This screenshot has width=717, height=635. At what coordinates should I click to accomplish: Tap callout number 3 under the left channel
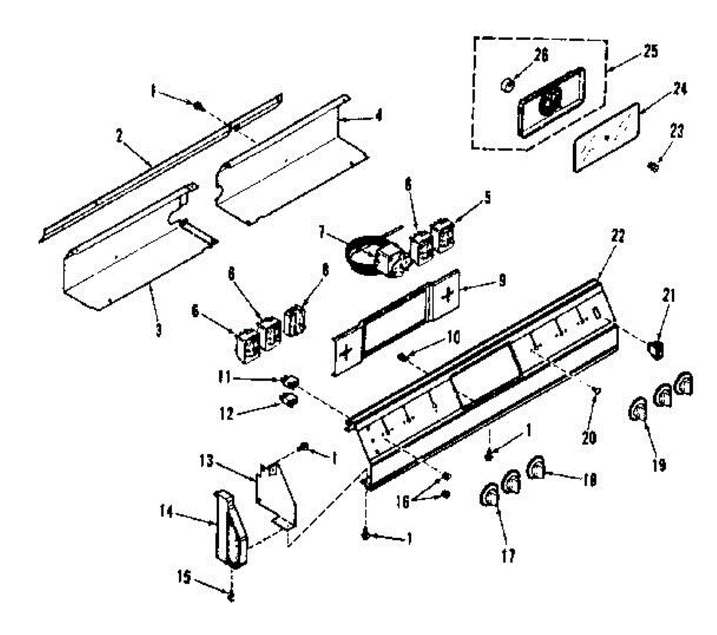tap(158, 328)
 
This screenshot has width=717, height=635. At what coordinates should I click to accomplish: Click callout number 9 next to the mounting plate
tap(501, 279)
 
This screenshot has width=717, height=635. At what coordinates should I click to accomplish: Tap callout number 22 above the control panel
tap(617, 236)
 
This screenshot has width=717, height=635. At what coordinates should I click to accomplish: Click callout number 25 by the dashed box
tap(650, 52)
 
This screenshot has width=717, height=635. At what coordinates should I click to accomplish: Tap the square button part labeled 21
tap(655, 348)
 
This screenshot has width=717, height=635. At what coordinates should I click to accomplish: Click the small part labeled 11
tap(290, 379)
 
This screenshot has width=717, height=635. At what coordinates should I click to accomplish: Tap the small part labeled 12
tap(290, 399)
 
